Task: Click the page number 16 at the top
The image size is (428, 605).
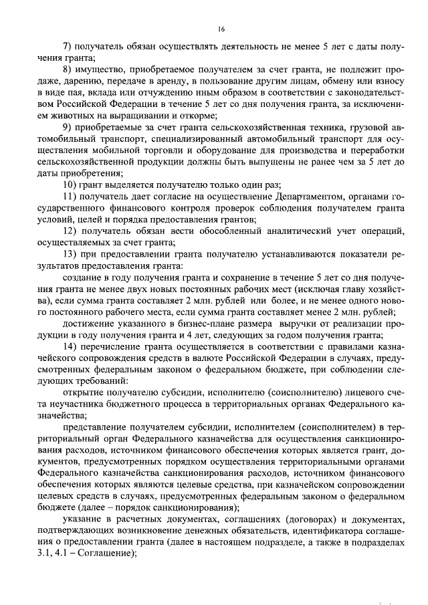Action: pos(221,27)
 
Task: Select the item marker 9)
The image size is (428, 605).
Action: pos(68,128)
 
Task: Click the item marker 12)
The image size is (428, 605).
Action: pos(70,231)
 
